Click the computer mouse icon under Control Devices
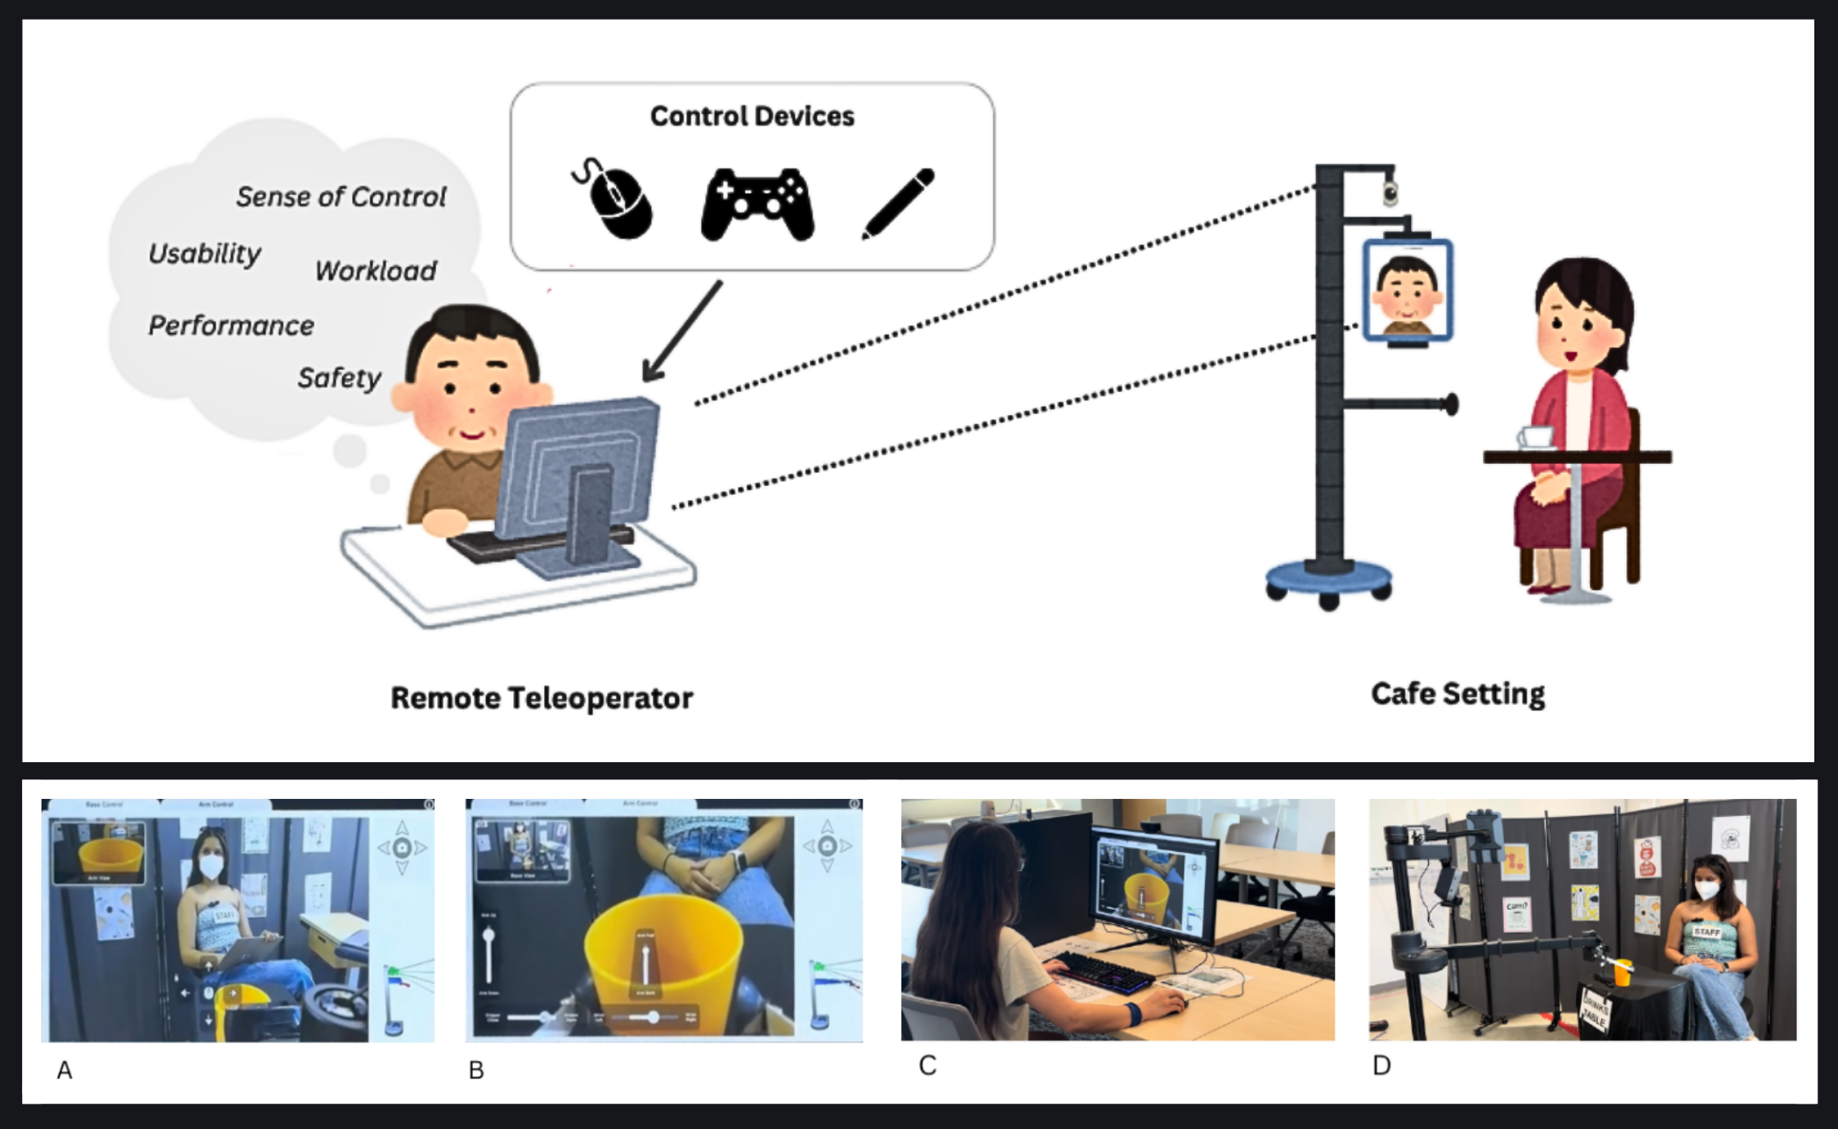pyautogui.click(x=614, y=200)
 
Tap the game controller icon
pyautogui.click(x=757, y=204)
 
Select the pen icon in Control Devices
pyautogui.click(x=899, y=203)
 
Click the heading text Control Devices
pyautogui.click(x=752, y=116)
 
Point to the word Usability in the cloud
pyautogui.click(x=204, y=254)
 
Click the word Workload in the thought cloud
pyautogui.click(x=376, y=270)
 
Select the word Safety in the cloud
pyautogui.click(x=339, y=377)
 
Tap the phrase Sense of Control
pyautogui.click(x=341, y=197)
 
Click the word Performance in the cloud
pyautogui.click(x=231, y=325)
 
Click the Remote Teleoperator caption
pyautogui.click(x=542, y=698)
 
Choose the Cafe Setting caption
pyautogui.click(x=1457, y=694)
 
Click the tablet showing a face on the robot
pyautogui.click(x=1407, y=292)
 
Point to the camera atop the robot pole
pyautogui.click(x=1390, y=193)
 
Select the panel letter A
pyautogui.click(x=65, y=1070)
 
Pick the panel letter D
pyautogui.click(x=1381, y=1065)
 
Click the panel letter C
pyautogui.click(x=927, y=1065)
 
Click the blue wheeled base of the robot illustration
pyautogui.click(x=1328, y=578)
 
